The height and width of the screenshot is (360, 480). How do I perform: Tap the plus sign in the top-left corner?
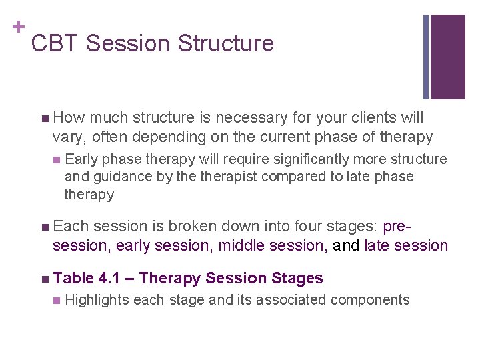point(17,27)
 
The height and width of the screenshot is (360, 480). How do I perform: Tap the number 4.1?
point(112,278)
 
